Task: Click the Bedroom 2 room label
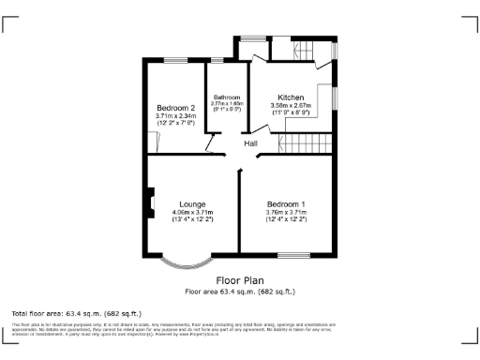(x=175, y=108)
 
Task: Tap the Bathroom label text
(x=227, y=97)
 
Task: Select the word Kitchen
(x=291, y=97)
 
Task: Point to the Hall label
(x=251, y=143)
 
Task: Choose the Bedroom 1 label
(x=286, y=204)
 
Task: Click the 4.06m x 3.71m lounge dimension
(x=193, y=213)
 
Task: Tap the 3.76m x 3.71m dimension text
(x=286, y=213)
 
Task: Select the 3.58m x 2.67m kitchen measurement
(x=291, y=106)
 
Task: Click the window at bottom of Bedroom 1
(x=294, y=255)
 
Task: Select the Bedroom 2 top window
(x=175, y=61)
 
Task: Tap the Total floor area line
(x=76, y=312)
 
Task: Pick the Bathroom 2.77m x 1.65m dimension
(x=227, y=104)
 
